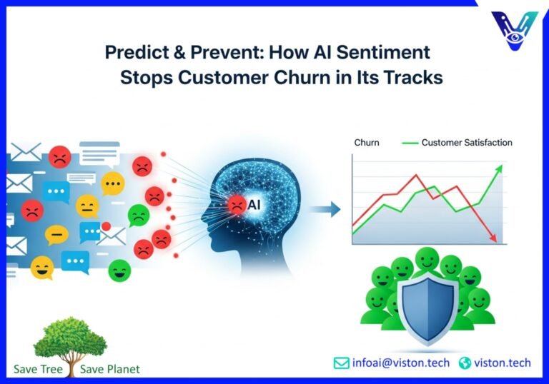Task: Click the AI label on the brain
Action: click(254, 205)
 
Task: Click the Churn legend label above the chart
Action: click(367, 143)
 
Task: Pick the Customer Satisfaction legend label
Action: click(467, 143)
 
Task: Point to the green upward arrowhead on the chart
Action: click(499, 169)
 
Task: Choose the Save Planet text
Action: click(107, 369)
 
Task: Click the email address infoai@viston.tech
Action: click(401, 363)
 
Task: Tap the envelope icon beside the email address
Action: click(342, 363)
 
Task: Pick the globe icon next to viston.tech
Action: click(465, 363)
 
